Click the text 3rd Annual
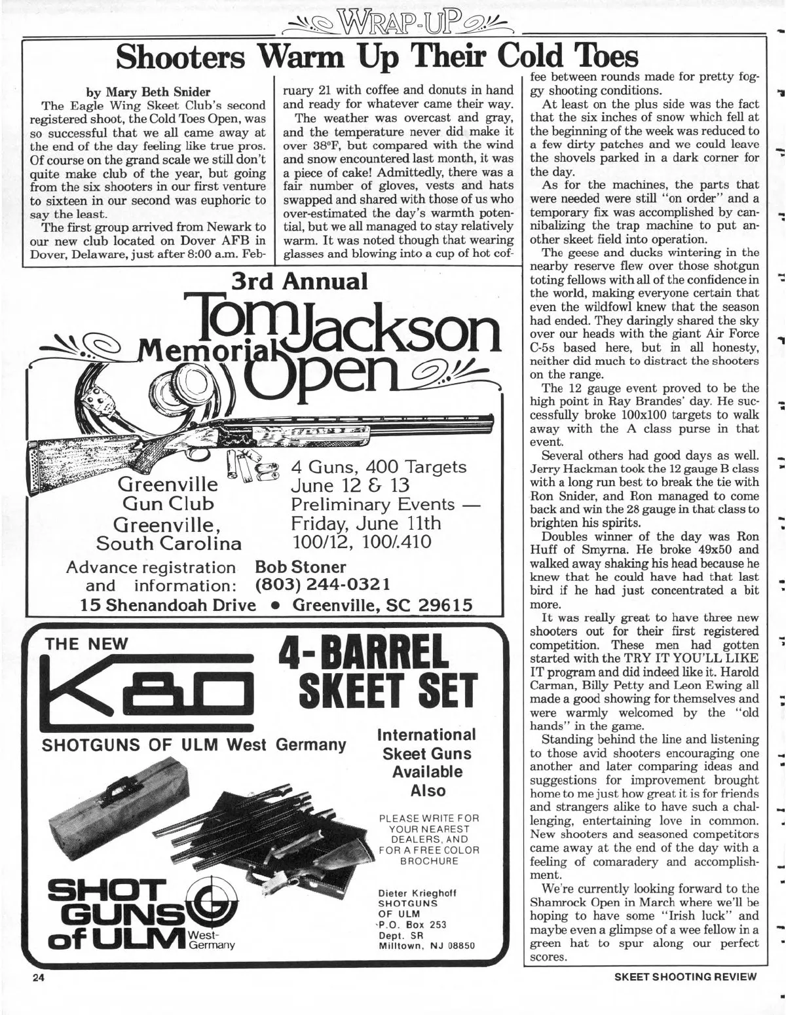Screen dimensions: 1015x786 click(300, 282)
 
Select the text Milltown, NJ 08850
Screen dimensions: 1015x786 click(426, 946)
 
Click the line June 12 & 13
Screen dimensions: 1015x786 click(350, 485)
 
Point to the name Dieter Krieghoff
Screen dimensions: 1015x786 click(417, 893)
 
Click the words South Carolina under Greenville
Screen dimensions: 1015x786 click(168, 544)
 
